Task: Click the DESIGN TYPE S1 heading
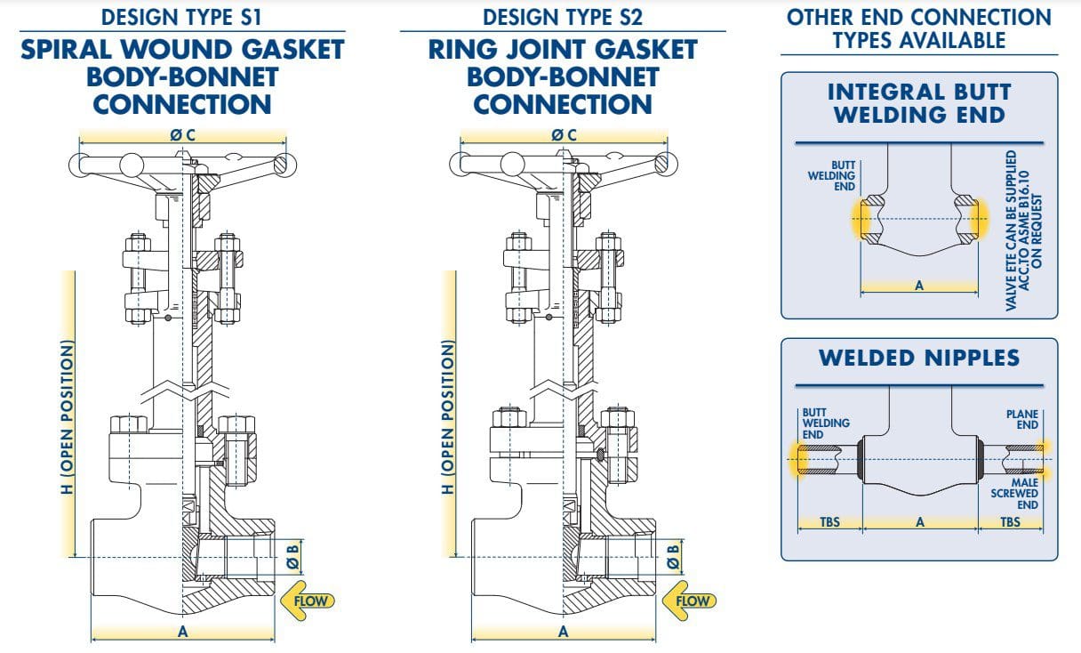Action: pyautogui.click(x=182, y=16)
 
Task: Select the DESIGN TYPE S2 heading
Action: pyautogui.click(x=563, y=16)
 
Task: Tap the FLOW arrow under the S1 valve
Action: pyautogui.click(x=305, y=601)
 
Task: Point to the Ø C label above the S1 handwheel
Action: pyautogui.click(x=182, y=135)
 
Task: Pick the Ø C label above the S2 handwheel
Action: pyautogui.click(x=564, y=135)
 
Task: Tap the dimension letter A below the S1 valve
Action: pyautogui.click(x=183, y=632)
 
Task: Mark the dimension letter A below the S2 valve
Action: pyautogui.click(x=563, y=632)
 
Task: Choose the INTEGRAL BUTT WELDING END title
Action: pyautogui.click(x=919, y=103)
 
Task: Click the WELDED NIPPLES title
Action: pyautogui.click(x=919, y=358)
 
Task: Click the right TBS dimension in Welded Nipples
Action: pyautogui.click(x=1010, y=522)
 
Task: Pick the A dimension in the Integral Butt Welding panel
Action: pyautogui.click(x=919, y=286)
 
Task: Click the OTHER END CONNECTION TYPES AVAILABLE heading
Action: pyautogui.click(x=919, y=28)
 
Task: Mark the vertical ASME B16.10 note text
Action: pyautogui.click(x=1024, y=230)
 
